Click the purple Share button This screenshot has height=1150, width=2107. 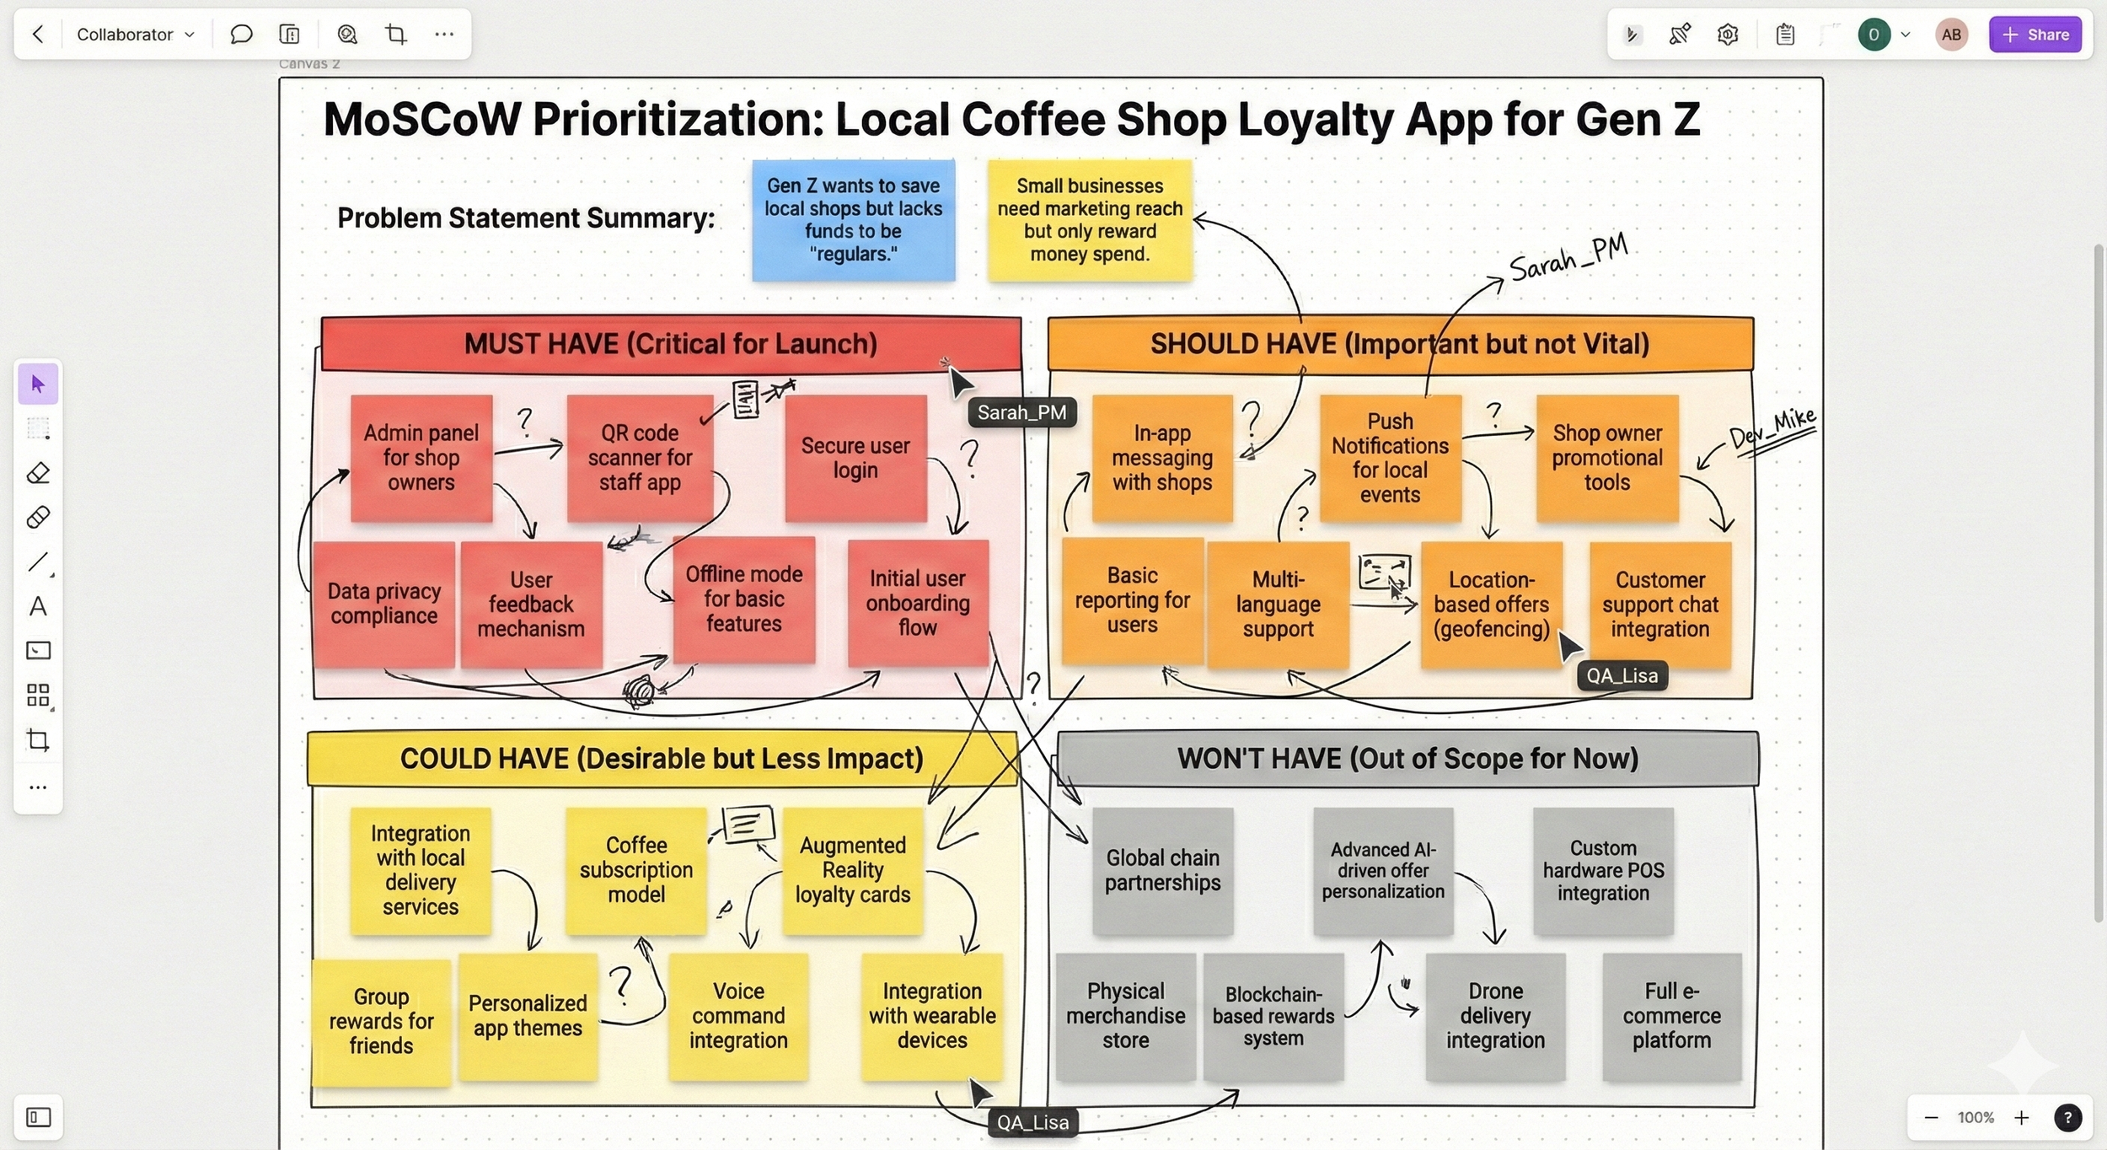point(2035,35)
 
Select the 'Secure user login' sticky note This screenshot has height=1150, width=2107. point(855,458)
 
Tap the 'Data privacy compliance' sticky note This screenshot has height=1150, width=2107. point(383,604)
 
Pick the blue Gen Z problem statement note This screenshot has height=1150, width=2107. point(853,220)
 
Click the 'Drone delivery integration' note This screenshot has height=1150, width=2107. point(1495,1016)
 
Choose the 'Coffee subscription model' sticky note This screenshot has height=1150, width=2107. point(635,870)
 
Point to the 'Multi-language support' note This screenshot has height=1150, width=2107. point(1278,604)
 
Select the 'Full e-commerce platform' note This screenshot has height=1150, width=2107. point(1671,1016)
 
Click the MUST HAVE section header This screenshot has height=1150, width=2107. point(670,344)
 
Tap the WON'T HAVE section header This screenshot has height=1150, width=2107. point(1407,759)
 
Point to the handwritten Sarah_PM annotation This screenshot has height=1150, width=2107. point(1568,258)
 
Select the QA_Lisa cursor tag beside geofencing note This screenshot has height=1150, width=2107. point(1622,675)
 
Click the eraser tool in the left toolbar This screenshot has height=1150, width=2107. point(38,473)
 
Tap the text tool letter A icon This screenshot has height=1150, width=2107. point(38,606)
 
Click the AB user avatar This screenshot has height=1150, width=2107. point(1951,35)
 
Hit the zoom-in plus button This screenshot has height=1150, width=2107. point(2021,1117)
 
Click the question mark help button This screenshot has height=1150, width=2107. point(2067,1117)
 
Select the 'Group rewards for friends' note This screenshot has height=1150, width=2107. point(381,1021)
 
